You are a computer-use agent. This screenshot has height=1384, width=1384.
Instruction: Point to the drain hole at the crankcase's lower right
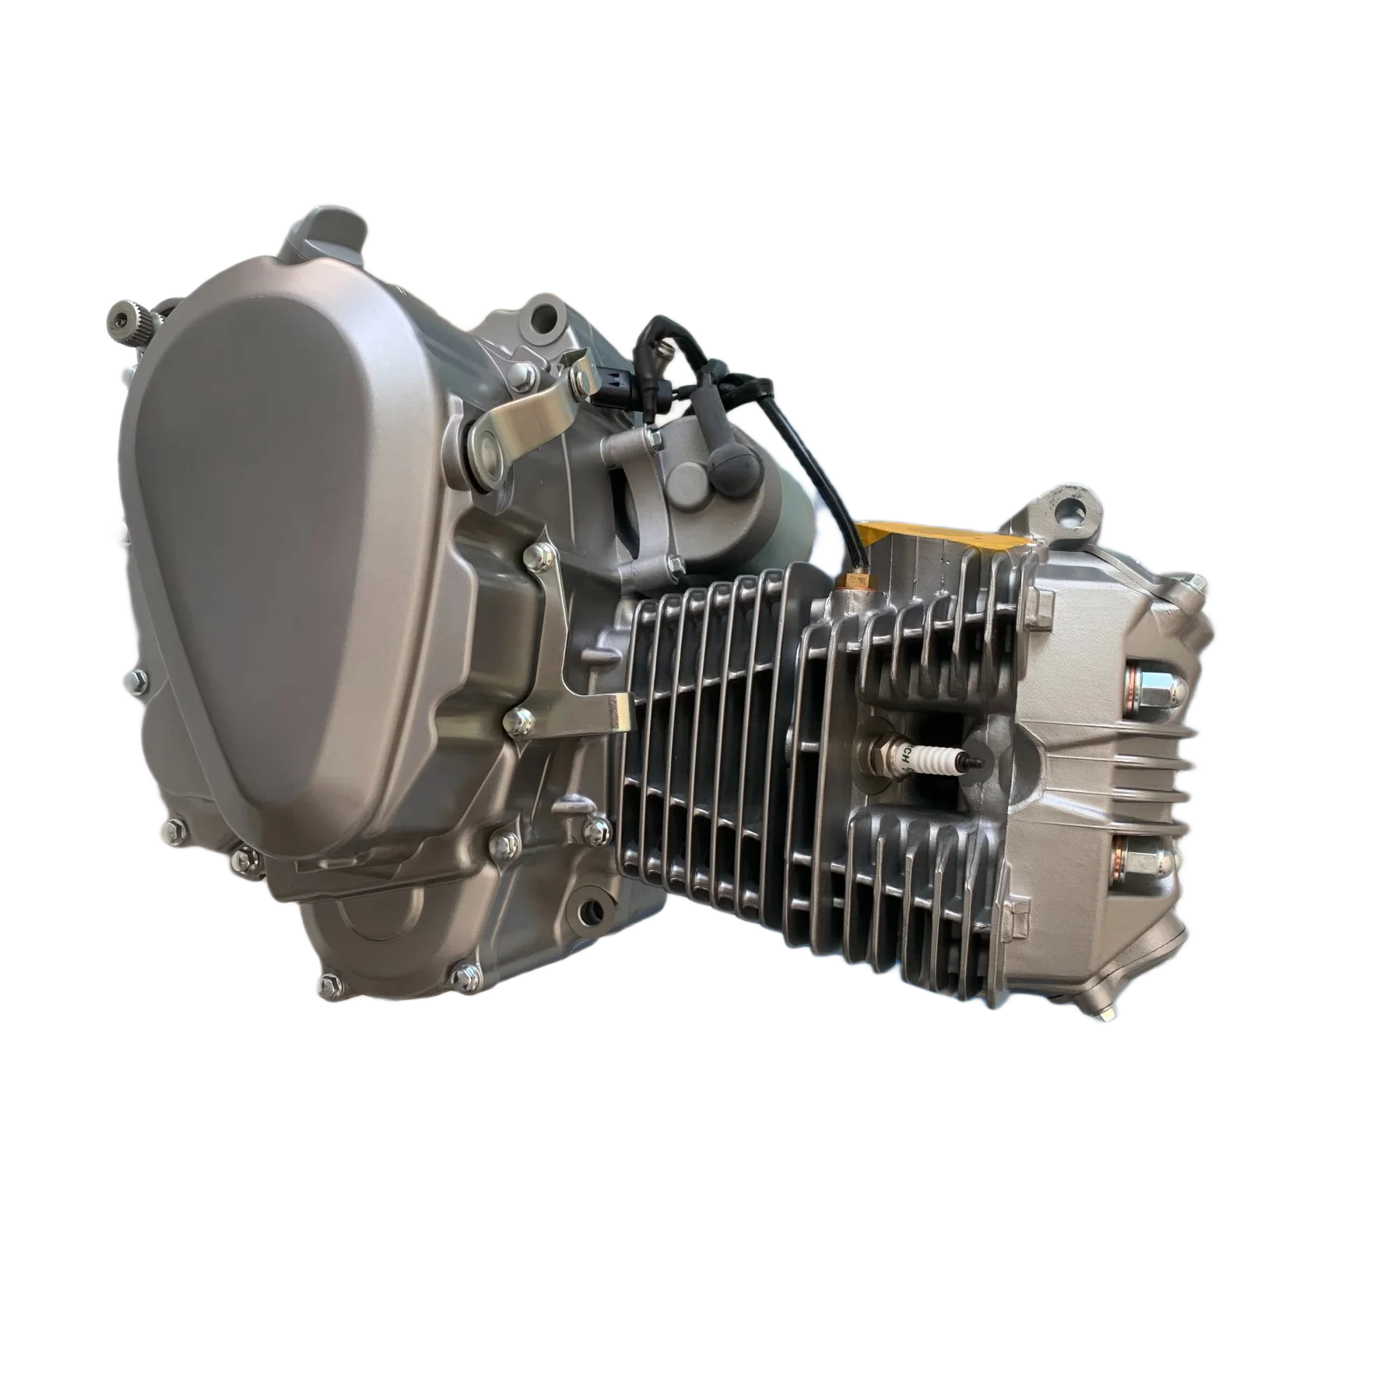594,910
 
